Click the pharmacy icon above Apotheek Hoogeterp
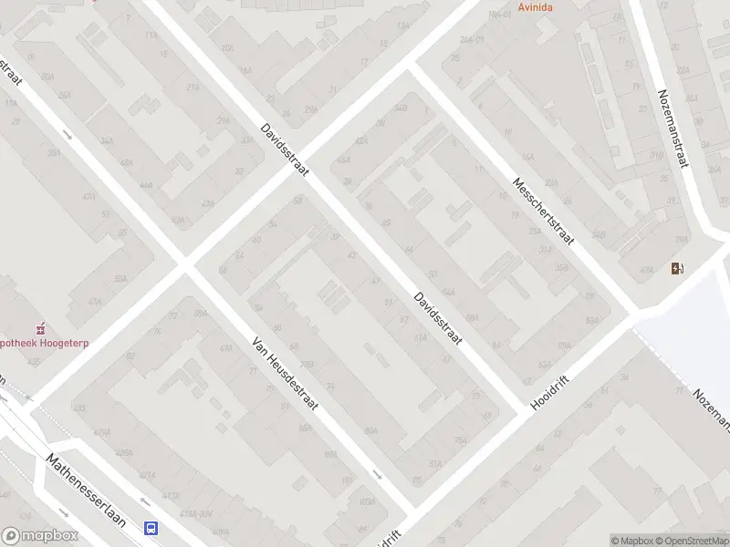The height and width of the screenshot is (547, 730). coord(39,328)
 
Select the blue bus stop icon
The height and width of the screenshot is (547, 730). coord(151,528)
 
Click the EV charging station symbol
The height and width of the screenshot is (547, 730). coord(677,268)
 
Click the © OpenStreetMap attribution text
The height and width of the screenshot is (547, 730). coord(691,541)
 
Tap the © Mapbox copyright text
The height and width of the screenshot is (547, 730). coord(631,541)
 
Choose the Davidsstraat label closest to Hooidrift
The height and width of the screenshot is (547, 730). coord(438,317)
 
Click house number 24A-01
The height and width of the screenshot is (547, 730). coord(472,40)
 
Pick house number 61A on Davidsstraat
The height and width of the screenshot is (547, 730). coord(420,337)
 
